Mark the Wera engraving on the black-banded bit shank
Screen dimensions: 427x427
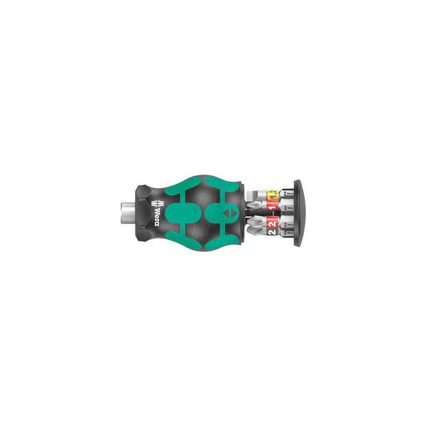coord(290,233)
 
